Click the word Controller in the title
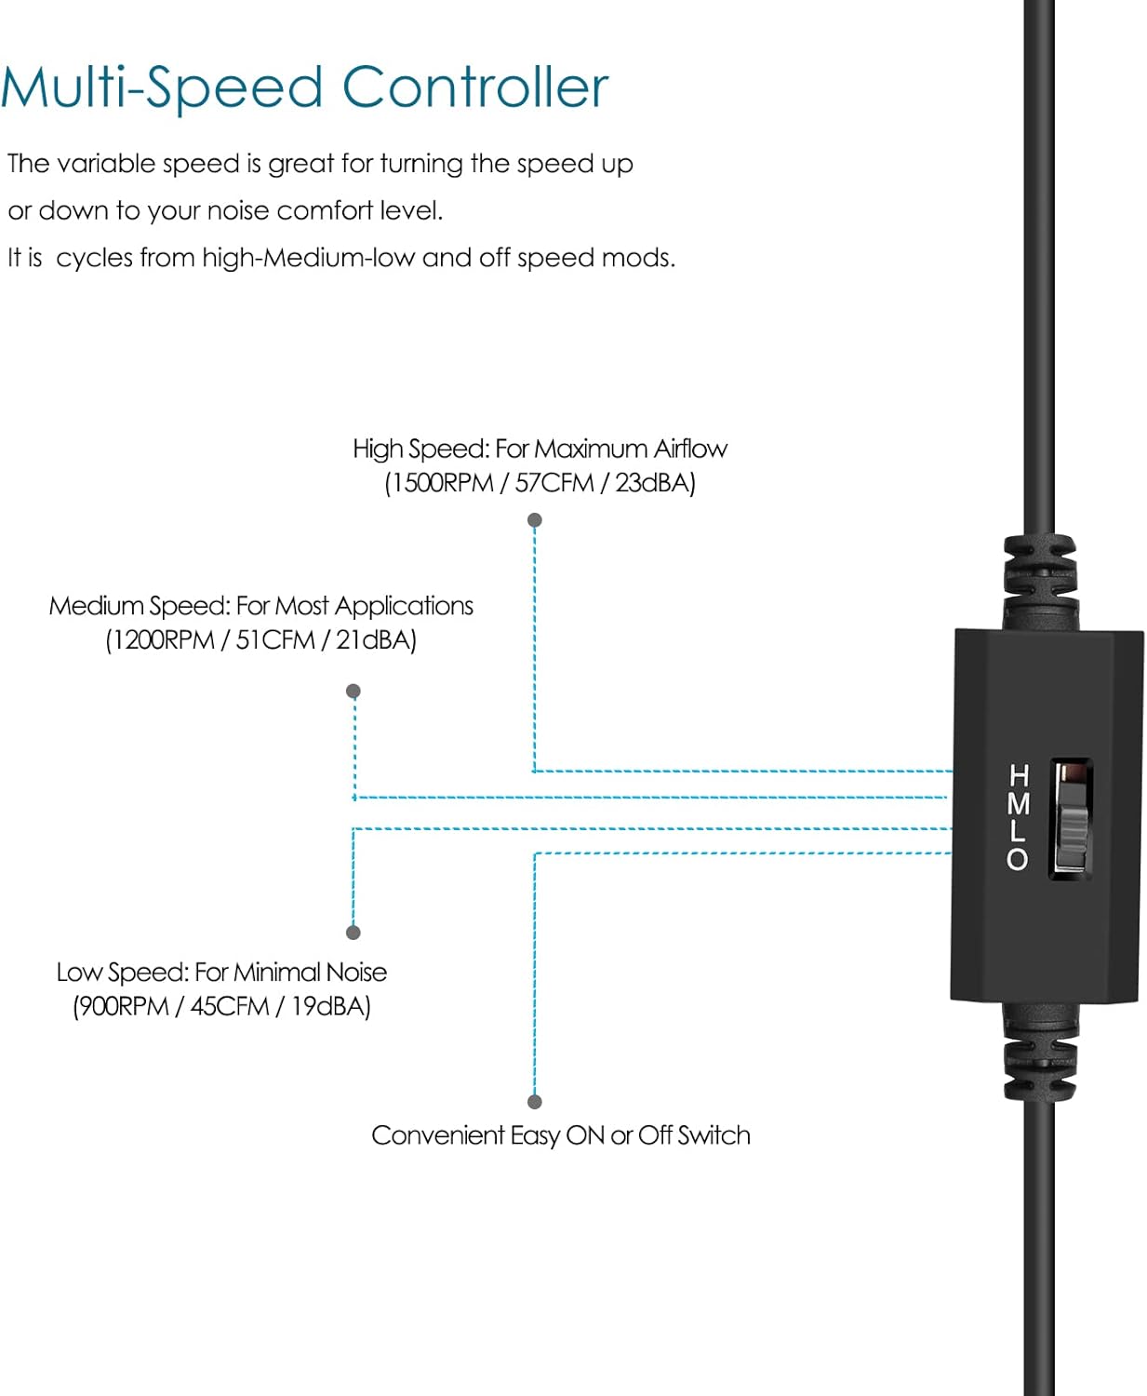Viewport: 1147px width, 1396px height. click(x=474, y=87)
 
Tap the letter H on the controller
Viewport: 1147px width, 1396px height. click(x=1019, y=774)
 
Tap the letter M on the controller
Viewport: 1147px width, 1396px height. click(x=1019, y=802)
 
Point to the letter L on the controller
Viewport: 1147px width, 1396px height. click(x=1019, y=830)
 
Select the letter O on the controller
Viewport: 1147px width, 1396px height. click(x=1018, y=858)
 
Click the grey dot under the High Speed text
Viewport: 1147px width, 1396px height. click(x=535, y=520)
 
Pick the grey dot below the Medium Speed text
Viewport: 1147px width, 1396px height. click(x=353, y=691)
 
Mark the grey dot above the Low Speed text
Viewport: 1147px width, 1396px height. click(x=353, y=933)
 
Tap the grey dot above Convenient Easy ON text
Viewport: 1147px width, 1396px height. click(x=535, y=1102)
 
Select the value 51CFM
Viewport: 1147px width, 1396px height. click(x=275, y=640)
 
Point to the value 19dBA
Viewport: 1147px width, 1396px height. click(x=330, y=1006)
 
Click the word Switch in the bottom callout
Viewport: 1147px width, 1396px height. click(x=714, y=1135)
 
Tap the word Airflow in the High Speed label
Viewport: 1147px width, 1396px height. click(x=690, y=450)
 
